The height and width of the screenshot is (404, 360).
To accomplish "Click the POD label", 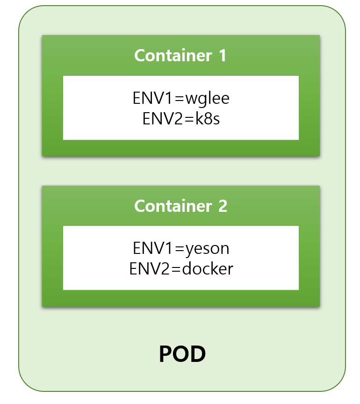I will tap(182, 355).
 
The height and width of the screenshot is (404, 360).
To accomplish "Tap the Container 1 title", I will tap(180, 56).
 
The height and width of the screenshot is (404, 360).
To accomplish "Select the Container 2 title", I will tap(180, 206).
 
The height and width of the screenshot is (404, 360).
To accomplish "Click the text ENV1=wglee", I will tap(181, 100).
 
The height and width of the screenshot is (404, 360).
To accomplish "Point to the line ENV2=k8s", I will tap(181, 119).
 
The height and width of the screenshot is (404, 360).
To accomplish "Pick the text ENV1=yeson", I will tap(181, 249).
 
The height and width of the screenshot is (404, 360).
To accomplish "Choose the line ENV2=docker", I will tap(181, 269).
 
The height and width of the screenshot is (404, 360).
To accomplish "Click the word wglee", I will tap(208, 100).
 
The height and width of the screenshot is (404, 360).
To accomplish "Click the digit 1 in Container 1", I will tap(222, 56).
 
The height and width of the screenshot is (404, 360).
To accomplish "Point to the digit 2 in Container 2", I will tap(223, 206).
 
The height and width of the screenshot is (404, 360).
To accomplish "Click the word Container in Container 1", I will tap(173, 56).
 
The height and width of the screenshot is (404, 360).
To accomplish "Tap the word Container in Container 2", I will tap(173, 206).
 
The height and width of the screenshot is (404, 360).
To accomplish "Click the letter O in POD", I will tap(182, 355).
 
